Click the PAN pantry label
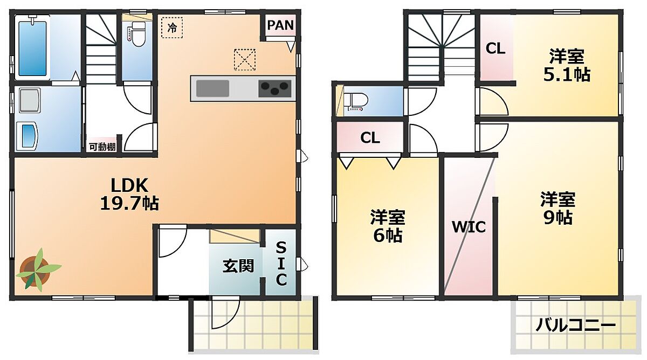[x=280, y=25]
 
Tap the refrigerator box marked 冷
[x=172, y=27]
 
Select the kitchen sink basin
[x=212, y=88]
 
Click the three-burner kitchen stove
[x=274, y=88]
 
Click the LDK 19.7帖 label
[x=129, y=194]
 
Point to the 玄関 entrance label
[x=238, y=266]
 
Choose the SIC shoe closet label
[x=281, y=264]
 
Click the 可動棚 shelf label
[x=102, y=147]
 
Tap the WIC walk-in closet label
[x=469, y=227]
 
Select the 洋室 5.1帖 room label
[x=567, y=65]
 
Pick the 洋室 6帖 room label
[x=388, y=226]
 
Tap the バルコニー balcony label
[x=576, y=326]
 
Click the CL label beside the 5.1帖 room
[x=495, y=49]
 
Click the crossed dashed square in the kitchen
[x=245, y=60]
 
